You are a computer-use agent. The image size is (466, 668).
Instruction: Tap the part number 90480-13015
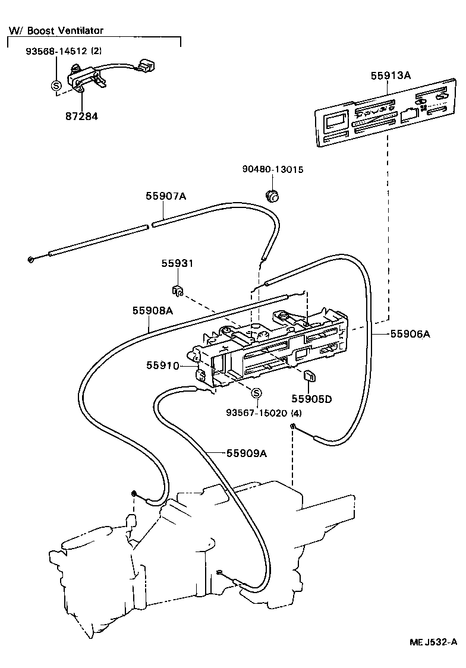click(273, 169)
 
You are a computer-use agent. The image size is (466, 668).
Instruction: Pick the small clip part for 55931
click(176, 291)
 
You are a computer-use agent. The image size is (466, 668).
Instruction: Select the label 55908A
click(152, 310)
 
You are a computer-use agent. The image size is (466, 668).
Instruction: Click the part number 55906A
click(410, 334)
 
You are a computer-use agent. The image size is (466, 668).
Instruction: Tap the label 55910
click(162, 365)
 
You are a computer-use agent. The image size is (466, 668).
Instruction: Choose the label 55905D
click(311, 399)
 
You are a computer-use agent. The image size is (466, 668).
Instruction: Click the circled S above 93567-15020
click(256, 393)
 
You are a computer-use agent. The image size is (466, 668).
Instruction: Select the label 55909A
click(246, 453)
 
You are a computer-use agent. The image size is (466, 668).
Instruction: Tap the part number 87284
click(81, 116)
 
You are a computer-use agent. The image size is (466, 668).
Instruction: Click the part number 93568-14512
click(57, 52)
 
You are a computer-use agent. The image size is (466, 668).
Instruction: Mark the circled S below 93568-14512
click(57, 86)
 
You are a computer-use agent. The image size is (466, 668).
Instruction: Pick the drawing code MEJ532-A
click(433, 642)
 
